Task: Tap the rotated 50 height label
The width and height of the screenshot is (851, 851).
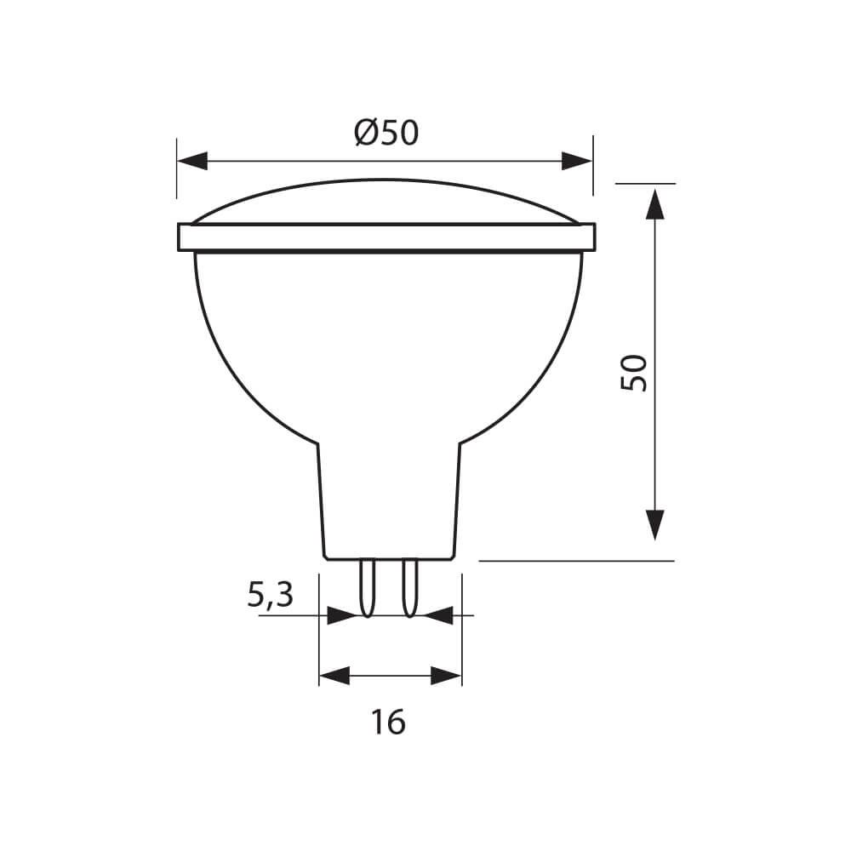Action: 635,372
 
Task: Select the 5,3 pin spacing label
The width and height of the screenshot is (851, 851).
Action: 270,595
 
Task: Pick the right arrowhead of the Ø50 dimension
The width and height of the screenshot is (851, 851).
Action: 576,160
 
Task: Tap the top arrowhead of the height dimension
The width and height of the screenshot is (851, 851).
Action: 654,204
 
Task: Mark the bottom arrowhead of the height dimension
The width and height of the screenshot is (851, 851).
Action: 654,524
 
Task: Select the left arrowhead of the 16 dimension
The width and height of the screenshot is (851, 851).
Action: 334,677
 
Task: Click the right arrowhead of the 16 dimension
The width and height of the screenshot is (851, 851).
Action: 446,677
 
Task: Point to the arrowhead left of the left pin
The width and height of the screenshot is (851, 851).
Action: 341,614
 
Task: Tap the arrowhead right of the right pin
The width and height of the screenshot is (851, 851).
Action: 438,614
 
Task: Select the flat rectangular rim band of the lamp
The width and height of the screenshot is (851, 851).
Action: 386,237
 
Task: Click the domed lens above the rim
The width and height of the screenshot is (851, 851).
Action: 386,201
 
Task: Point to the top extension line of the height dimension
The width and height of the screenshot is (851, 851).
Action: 644,183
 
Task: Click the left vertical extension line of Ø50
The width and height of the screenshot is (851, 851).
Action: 177,166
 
